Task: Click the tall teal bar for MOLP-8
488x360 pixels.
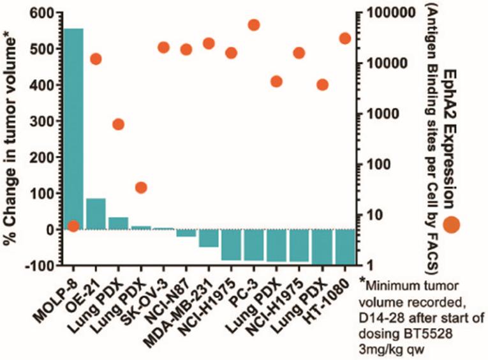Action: click(73, 128)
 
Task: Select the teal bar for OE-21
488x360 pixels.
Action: click(96, 214)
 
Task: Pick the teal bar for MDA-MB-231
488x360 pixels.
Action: click(209, 237)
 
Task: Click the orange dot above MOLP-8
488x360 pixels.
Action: click(73, 225)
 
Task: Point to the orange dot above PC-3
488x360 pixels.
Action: click(253, 25)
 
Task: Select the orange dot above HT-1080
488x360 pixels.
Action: click(344, 38)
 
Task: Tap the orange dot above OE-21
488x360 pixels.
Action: click(96, 59)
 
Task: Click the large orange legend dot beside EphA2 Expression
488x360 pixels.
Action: click(452, 224)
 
